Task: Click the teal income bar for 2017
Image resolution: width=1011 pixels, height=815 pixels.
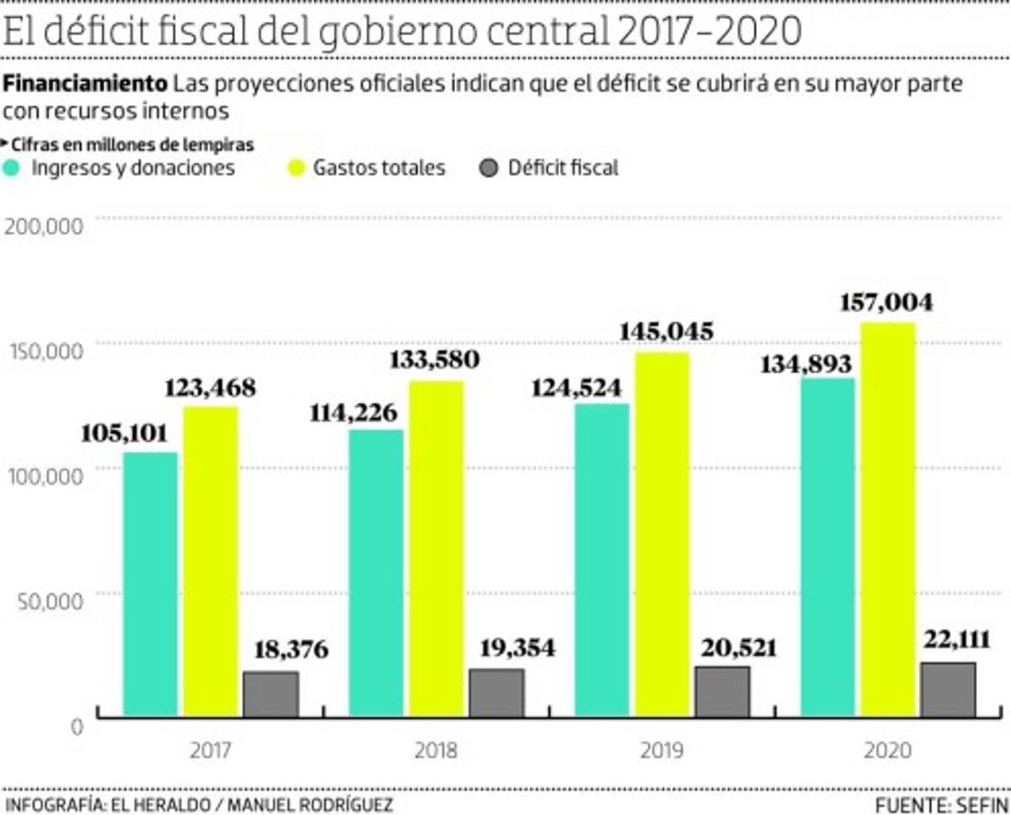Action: pos(150,584)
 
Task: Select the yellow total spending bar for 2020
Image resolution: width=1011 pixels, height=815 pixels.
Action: pos(887,520)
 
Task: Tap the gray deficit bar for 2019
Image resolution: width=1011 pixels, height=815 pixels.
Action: pos(721,692)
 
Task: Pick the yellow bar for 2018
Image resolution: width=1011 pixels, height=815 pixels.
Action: pos(435,549)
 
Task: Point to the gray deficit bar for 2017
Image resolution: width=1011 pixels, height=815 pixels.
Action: pos(270,695)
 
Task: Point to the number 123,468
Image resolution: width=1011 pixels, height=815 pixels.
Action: pos(210,388)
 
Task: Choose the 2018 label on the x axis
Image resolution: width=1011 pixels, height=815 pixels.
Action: pos(436,751)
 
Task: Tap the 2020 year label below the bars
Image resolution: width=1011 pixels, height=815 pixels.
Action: pos(887,751)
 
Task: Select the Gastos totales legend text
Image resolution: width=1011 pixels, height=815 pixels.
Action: pos(379,168)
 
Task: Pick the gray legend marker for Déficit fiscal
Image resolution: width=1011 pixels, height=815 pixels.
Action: pos(489,168)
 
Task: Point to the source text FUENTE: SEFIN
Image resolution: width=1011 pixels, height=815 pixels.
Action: pos(941,804)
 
